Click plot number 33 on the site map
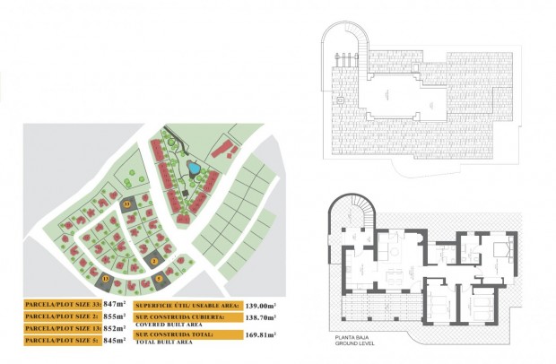pyautogui.click(x=127, y=204)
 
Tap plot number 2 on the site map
pyautogui.click(x=154, y=260)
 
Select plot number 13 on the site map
pyautogui.click(x=107, y=280)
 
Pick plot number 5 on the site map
pyautogui.click(x=160, y=277)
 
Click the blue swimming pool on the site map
pyautogui.click(x=194, y=167)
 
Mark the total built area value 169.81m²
pyautogui.click(x=262, y=334)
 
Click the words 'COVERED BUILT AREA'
pyautogui.click(x=167, y=325)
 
